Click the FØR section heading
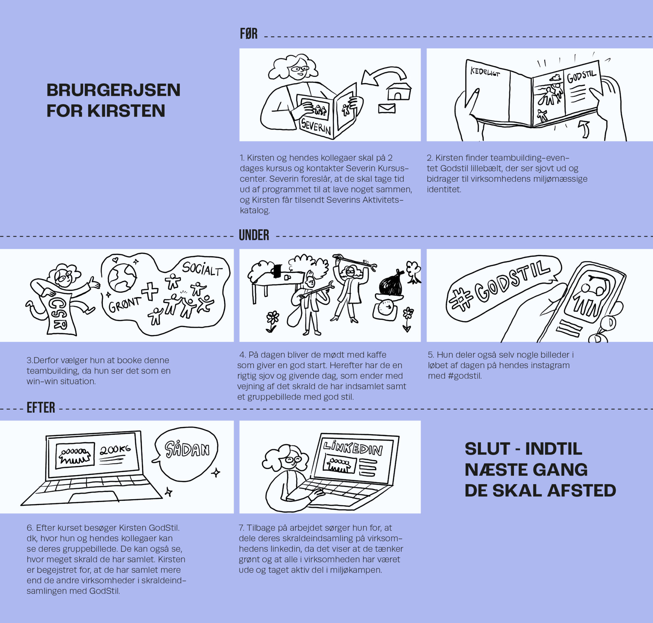249,34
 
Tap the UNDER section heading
254,235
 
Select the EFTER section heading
41,407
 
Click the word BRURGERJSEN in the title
114,90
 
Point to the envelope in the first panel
387,108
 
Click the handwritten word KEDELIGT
485,72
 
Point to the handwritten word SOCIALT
202,269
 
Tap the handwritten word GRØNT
125,304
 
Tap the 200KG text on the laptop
115,450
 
